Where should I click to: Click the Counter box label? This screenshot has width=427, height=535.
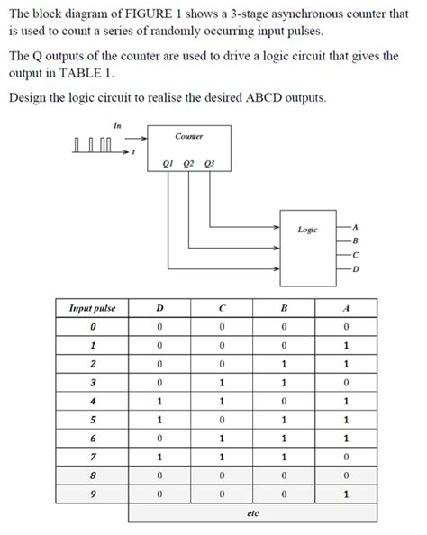(188, 135)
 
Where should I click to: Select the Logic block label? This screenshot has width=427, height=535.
(307, 231)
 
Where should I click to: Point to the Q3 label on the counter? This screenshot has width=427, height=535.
(209, 164)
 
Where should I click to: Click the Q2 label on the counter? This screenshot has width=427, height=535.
(188, 164)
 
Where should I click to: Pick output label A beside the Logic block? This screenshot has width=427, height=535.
(356, 227)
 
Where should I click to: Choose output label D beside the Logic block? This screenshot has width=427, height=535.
(356, 268)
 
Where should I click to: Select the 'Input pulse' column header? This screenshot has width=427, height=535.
(92, 308)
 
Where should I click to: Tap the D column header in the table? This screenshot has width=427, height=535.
(159, 308)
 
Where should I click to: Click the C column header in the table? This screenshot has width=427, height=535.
(221, 308)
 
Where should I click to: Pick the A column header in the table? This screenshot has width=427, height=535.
(346, 308)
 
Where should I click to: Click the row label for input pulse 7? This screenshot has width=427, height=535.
(92, 456)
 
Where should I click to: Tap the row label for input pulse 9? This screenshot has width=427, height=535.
(92, 494)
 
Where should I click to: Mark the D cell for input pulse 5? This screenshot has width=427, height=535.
(159, 419)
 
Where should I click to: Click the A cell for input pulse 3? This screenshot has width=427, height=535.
(346, 383)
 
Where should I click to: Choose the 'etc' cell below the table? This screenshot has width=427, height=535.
(252, 512)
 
